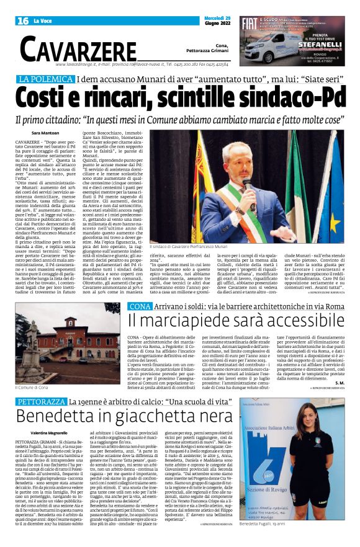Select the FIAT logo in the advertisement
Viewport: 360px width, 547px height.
(x=249, y=25)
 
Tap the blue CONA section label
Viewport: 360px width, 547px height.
(x=138, y=306)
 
